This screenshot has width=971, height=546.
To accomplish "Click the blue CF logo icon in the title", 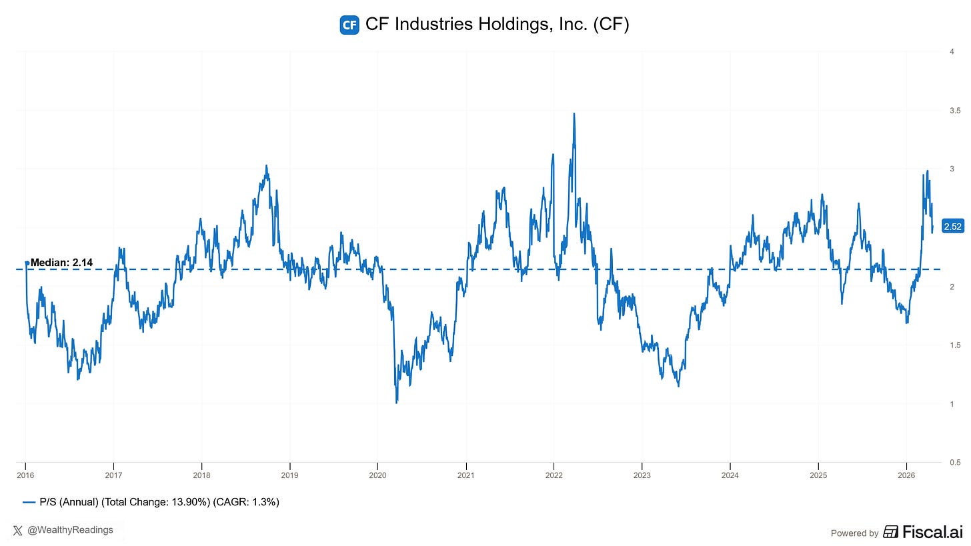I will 349,25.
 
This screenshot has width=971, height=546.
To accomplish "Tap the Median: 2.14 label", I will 61,263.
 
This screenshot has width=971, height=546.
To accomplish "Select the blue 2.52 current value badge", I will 952,227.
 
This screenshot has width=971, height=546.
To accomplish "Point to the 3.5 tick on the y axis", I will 954,110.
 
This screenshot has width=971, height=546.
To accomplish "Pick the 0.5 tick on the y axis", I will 954,462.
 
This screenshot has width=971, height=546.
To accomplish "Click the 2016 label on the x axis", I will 25,475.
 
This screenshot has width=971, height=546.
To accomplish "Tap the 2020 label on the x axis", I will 377,475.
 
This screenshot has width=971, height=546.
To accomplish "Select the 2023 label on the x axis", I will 642,475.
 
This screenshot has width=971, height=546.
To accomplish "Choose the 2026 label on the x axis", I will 906,475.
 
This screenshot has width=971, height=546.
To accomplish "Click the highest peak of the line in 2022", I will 574,114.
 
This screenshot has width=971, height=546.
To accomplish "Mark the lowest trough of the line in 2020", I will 397,402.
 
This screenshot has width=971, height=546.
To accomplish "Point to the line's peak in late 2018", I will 266,166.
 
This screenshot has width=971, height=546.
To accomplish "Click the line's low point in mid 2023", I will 678,385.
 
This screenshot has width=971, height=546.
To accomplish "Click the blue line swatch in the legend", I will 29,502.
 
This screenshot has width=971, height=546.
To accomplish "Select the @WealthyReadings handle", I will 70,530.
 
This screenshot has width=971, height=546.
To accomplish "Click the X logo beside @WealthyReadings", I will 18,530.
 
